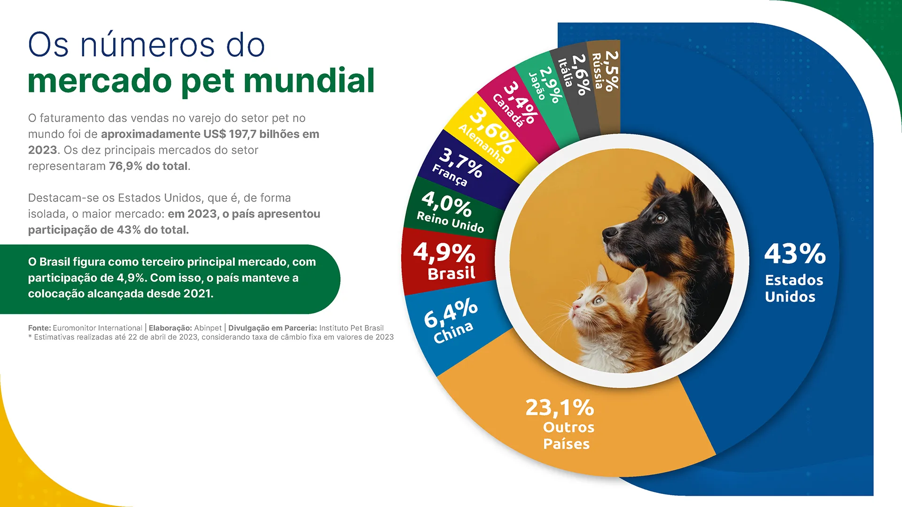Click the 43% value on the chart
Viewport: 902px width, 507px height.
795,254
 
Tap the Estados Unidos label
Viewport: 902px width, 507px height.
793,288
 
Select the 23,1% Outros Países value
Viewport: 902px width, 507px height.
560,407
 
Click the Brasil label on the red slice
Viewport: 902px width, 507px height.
451,273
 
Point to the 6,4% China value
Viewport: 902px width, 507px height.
451,313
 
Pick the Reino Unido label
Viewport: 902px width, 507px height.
450,222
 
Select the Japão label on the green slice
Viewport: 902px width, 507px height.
537,86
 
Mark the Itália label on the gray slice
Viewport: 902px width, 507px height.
565,73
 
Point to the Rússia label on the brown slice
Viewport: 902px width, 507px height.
597,71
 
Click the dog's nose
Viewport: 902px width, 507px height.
609,232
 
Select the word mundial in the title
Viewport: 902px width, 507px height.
309,81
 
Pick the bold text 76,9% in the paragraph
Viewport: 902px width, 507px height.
125,166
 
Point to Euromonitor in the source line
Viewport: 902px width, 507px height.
74,328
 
